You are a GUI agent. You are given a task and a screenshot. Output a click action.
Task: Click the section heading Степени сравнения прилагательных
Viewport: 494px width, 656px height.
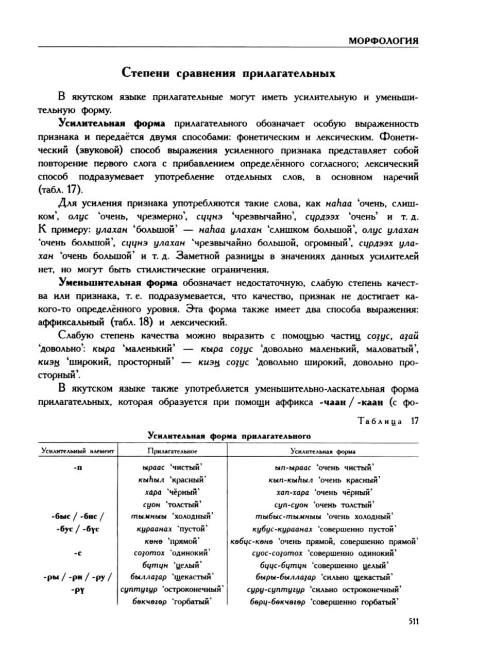(228, 73)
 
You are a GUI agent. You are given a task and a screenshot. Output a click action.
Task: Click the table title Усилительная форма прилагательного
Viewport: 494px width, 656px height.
(229, 436)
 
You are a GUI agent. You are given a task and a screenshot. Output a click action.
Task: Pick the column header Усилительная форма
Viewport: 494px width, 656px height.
(323, 451)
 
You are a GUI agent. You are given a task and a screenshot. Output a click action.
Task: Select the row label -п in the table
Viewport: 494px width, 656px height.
(78, 468)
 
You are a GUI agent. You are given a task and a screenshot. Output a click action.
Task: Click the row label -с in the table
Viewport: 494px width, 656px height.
(78, 553)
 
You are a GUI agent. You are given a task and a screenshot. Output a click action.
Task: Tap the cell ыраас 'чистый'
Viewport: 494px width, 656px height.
(172, 468)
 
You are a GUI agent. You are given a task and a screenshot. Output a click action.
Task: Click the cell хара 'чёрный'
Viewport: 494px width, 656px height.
(172, 492)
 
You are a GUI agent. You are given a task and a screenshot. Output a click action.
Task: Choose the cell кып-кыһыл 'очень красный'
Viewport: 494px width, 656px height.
(324, 480)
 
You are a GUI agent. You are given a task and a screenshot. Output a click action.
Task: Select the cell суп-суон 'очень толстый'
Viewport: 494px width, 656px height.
(324, 504)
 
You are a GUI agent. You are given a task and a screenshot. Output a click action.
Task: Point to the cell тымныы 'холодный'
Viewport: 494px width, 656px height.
(172, 516)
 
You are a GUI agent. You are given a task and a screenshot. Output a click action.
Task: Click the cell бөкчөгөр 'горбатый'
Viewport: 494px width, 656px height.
(172, 601)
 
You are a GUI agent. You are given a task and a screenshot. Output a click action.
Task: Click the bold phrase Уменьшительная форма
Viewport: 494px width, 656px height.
(118, 283)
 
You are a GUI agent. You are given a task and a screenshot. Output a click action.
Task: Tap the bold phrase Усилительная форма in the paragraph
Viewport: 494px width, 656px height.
(112, 124)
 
